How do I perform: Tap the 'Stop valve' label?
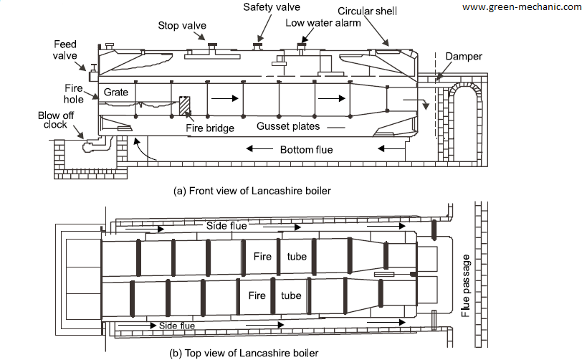tap(182, 26)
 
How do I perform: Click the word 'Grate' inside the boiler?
tap(115, 93)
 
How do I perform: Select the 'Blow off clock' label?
tap(54, 119)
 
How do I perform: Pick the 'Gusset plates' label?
tap(287, 127)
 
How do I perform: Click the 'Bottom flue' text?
tap(305, 149)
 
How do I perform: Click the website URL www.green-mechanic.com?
tap(522, 6)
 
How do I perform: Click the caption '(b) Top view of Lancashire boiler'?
tap(242, 353)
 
